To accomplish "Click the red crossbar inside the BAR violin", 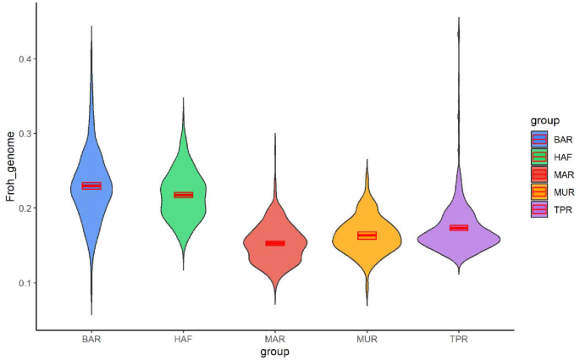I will click(91, 186).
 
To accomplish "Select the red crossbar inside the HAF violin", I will click(184, 195).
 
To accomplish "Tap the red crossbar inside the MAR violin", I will click(275, 243).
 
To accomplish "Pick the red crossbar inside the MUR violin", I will click(367, 235).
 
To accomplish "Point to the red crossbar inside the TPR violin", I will click(459, 228).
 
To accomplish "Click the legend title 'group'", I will click(539, 121).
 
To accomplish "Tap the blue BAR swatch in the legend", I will click(539, 139).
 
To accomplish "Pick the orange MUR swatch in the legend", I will click(539, 192).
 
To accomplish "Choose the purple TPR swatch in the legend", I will click(539, 209).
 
